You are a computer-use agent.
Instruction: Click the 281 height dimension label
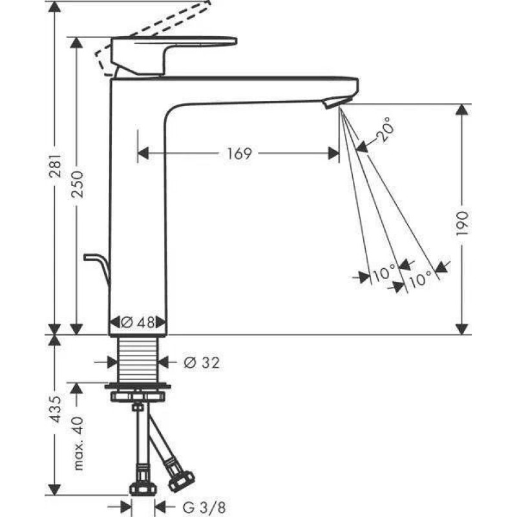pyautogui.click(x=55, y=165)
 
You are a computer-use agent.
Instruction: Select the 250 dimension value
pyautogui.click(x=77, y=184)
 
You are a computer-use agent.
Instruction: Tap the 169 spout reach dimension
pyautogui.click(x=240, y=154)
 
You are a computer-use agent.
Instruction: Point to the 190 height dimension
pyautogui.click(x=461, y=224)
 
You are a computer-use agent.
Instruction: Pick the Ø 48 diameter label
pyautogui.click(x=138, y=322)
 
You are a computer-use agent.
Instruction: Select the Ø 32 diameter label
pyautogui.click(x=202, y=363)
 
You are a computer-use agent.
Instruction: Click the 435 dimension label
pyautogui.click(x=55, y=409)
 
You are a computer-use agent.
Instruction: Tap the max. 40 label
pyautogui.click(x=77, y=443)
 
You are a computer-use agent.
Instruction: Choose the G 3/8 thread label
pyautogui.click(x=204, y=507)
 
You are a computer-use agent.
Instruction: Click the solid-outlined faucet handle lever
pyautogui.click(x=174, y=56)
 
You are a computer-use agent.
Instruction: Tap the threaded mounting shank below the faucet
pyautogui.click(x=138, y=360)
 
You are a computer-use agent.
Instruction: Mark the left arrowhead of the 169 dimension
pyautogui.click(x=143, y=154)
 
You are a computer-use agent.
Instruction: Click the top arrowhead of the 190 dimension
pyautogui.click(x=461, y=110)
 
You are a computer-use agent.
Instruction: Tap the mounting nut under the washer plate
pyautogui.click(x=138, y=396)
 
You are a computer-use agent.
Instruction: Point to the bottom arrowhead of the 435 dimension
pyautogui.click(x=55, y=489)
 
